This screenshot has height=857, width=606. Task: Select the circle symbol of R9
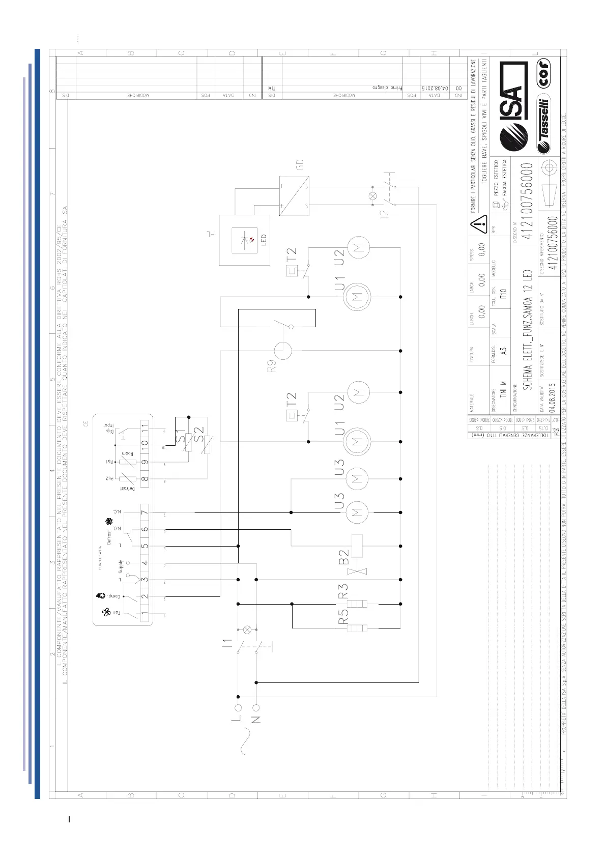pyautogui.click(x=283, y=351)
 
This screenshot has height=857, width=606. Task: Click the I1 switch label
pyautogui.click(x=227, y=644)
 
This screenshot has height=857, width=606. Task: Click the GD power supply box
pyautogui.click(x=294, y=195)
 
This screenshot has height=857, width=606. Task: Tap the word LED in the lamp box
pyautogui.click(x=264, y=240)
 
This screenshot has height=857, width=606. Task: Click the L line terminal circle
pyautogui.click(x=238, y=707)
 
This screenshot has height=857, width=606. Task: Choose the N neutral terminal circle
pyautogui.click(x=256, y=707)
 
